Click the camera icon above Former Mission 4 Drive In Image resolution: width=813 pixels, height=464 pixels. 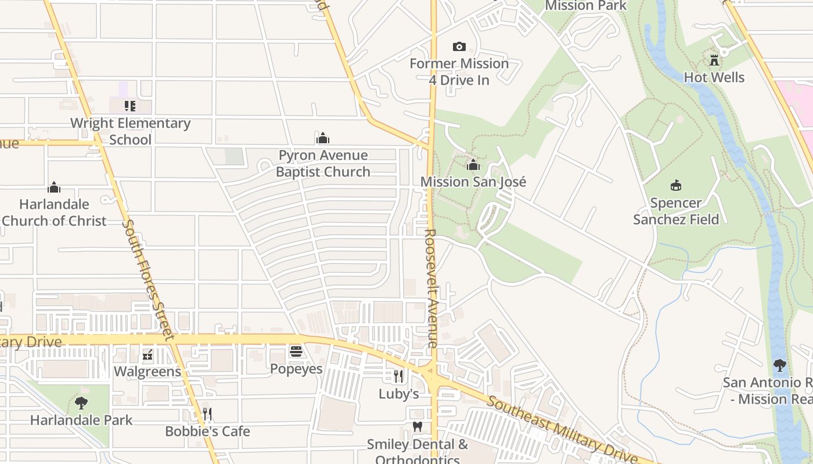pyautogui.click(x=459, y=46)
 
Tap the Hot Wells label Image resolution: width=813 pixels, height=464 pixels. pyautogui.click(x=714, y=77)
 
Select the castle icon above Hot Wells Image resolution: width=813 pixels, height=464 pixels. pyautogui.click(x=714, y=60)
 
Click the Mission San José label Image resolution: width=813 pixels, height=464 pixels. pyautogui.click(x=473, y=182)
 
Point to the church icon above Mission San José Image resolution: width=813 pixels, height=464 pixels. pyautogui.click(x=473, y=165)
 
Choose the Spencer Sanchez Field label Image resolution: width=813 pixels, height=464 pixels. pyautogui.click(x=676, y=211)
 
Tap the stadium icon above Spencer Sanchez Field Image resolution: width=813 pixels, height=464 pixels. pyautogui.click(x=675, y=186)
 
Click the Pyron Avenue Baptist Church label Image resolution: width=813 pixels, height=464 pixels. pyautogui.click(x=323, y=164)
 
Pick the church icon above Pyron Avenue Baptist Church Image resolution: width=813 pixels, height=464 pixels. pyautogui.click(x=323, y=138)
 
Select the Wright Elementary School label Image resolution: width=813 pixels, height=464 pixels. pyautogui.click(x=130, y=131)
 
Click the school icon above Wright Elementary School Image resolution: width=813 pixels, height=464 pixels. pyautogui.click(x=130, y=106)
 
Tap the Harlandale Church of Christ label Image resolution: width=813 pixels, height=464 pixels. pyautogui.click(x=54, y=212)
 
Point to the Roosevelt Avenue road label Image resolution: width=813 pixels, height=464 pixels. pyautogui.click(x=430, y=288)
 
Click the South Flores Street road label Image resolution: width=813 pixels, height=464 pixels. pyautogui.click(x=148, y=279)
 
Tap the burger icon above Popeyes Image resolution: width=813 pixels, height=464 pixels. pyautogui.click(x=296, y=351)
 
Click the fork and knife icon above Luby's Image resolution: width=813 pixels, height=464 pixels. pyautogui.click(x=398, y=376)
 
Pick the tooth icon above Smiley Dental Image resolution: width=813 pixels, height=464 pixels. pyautogui.click(x=417, y=427)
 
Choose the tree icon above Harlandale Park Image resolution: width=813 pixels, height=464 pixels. pyautogui.click(x=81, y=403)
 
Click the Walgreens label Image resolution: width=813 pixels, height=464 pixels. pyautogui.click(x=148, y=371)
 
